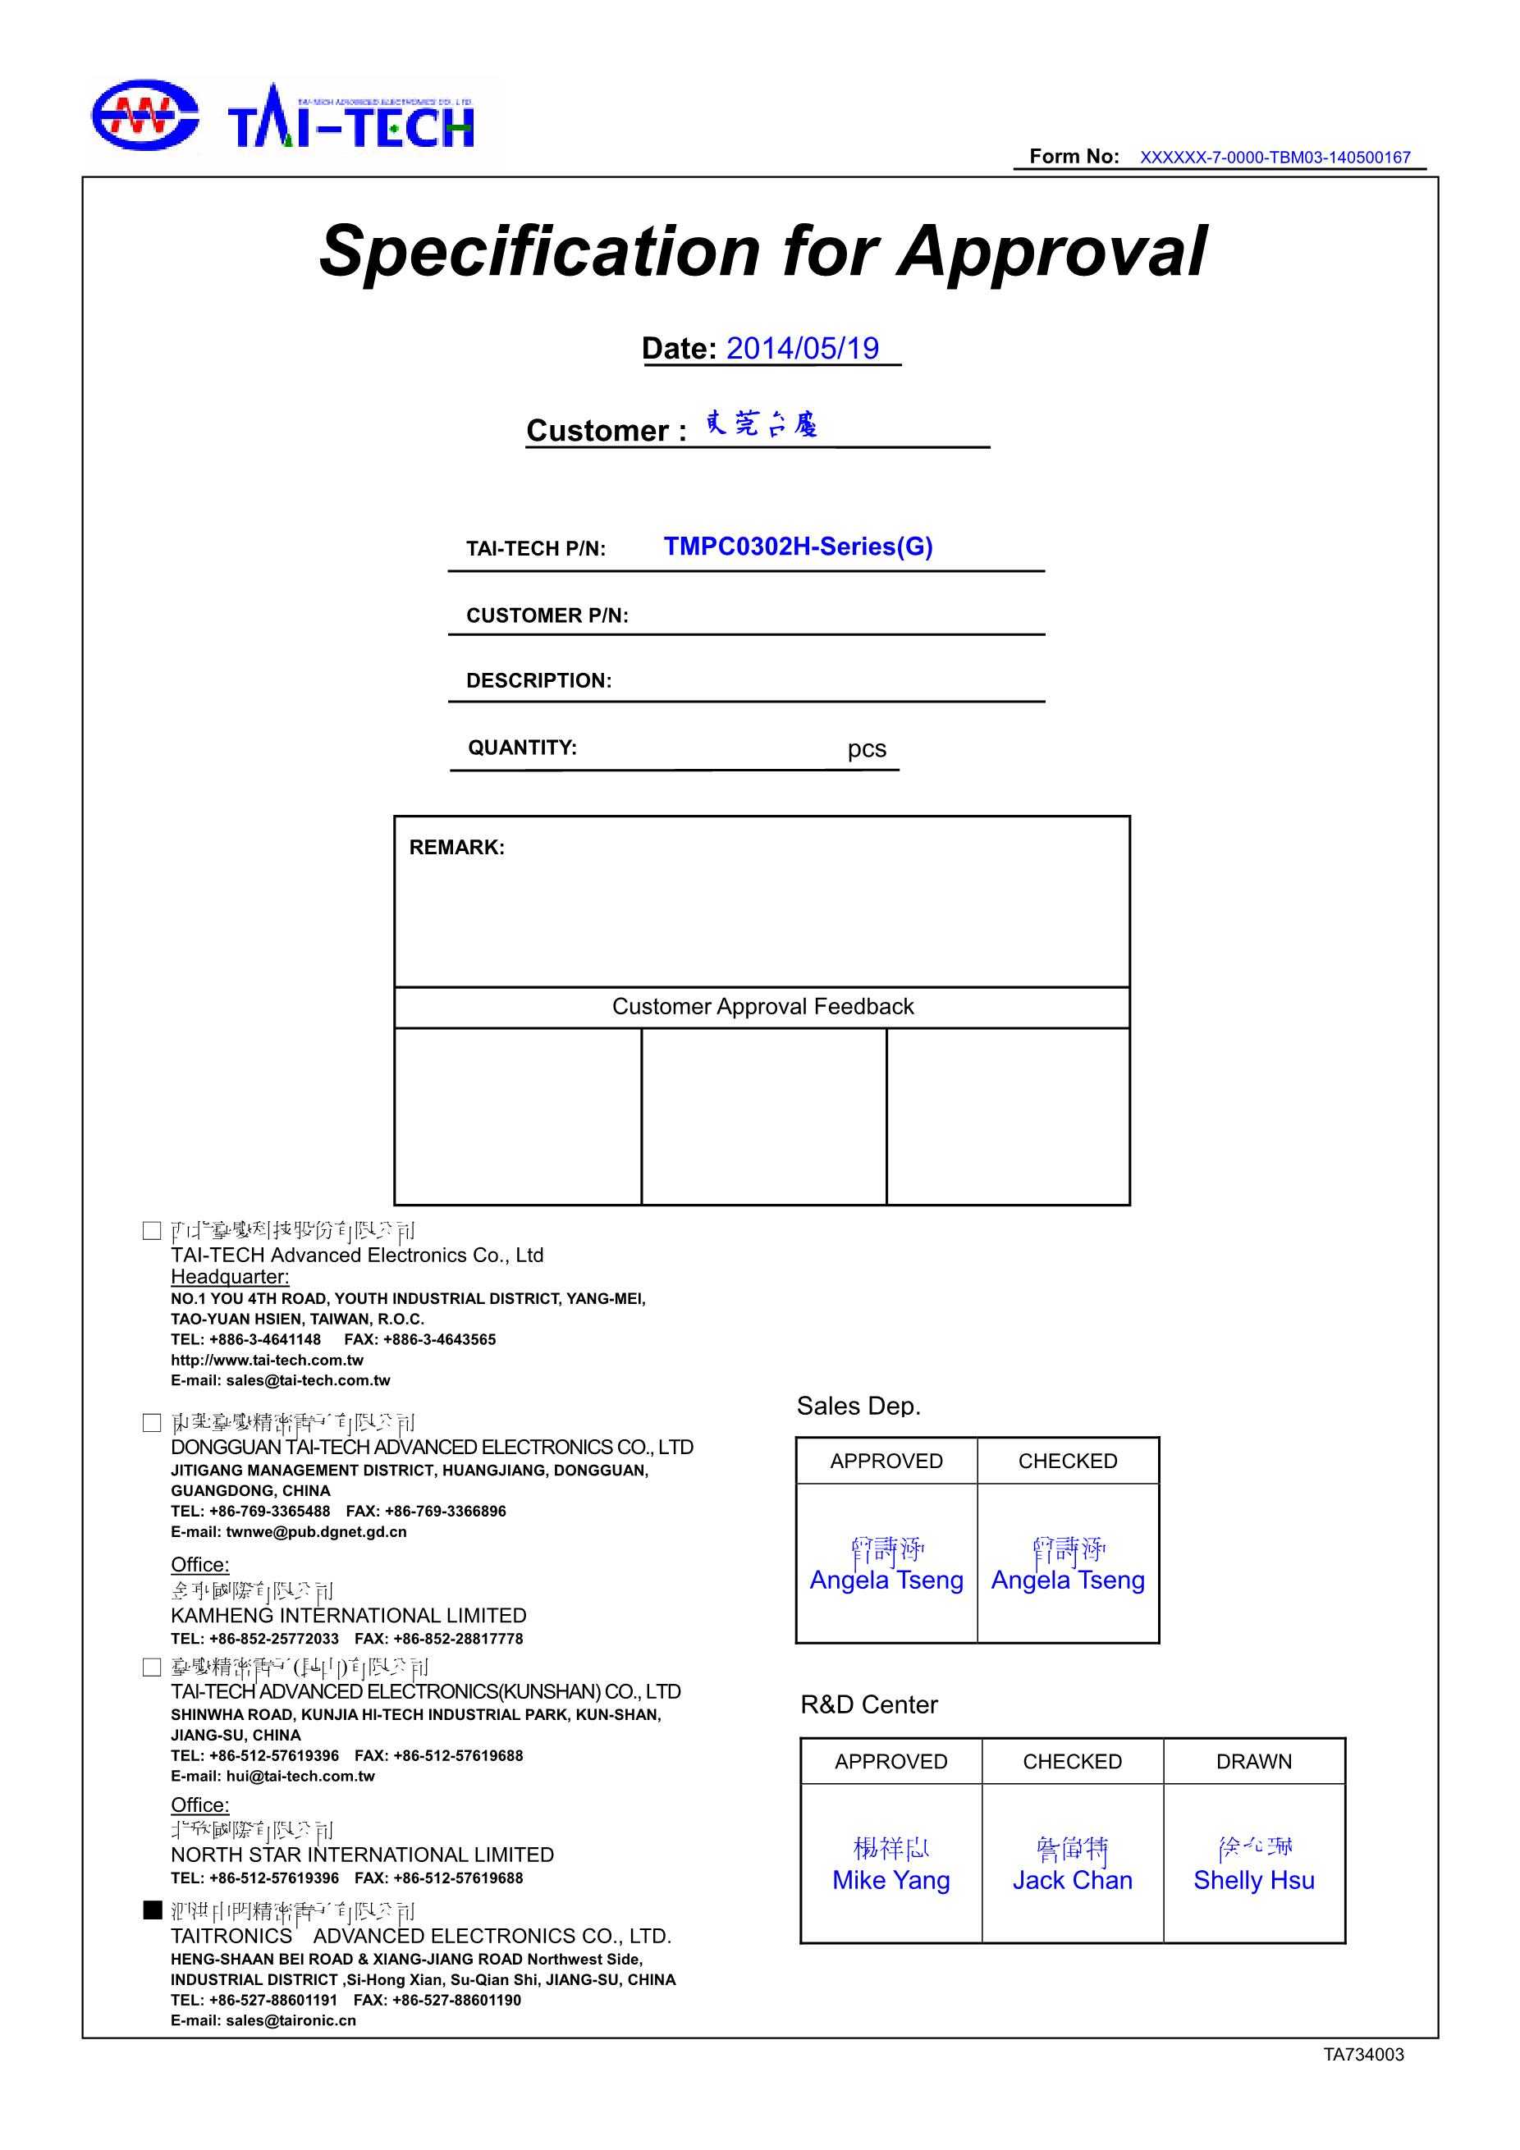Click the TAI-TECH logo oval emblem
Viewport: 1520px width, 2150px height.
[x=144, y=115]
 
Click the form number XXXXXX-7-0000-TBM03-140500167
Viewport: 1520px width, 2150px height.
[x=1274, y=158]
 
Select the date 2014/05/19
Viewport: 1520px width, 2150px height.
[x=802, y=348]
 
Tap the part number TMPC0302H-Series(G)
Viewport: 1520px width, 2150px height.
[x=798, y=547]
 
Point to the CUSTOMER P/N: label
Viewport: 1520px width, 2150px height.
[x=547, y=615]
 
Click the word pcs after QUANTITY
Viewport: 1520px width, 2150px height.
[x=867, y=749]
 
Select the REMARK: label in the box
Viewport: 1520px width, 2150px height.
[x=456, y=848]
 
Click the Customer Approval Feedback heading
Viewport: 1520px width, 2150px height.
[x=762, y=1007]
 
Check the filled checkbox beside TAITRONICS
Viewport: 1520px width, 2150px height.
[x=152, y=1910]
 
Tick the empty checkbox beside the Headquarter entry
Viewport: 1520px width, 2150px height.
[x=152, y=1230]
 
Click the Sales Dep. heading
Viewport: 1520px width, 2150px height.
[x=858, y=1406]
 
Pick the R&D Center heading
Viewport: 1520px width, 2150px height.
[x=868, y=1704]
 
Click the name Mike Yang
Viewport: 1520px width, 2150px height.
[x=890, y=1880]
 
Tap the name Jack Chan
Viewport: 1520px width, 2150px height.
[x=1073, y=1880]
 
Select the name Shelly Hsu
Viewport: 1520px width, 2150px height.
[x=1253, y=1880]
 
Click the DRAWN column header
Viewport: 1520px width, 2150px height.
[x=1253, y=1761]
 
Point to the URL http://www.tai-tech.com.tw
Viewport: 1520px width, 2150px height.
[x=267, y=1360]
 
